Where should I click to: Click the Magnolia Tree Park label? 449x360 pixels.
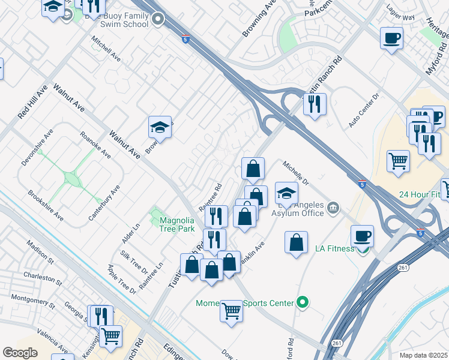click(x=177, y=224)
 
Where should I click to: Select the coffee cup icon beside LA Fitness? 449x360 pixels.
click(x=363, y=236)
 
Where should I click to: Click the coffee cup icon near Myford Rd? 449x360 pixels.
click(x=391, y=38)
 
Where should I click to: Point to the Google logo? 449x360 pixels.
click(x=20, y=353)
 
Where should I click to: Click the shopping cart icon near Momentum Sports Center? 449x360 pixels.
click(x=231, y=311)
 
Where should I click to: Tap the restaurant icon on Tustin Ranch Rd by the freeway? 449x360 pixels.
click(x=315, y=104)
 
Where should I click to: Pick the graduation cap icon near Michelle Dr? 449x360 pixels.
click(x=287, y=193)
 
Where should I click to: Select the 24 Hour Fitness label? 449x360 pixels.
click(x=424, y=195)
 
